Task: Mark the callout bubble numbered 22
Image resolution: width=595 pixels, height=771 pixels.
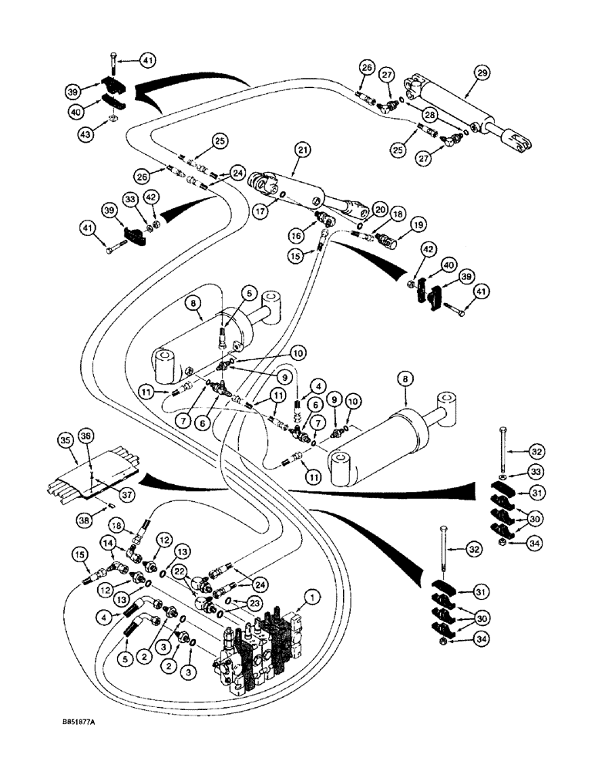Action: pos(179,571)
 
